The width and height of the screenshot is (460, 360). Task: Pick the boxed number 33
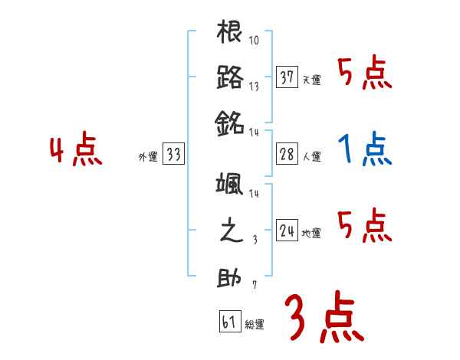[x=173, y=155]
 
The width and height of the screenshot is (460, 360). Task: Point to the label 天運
[x=311, y=80]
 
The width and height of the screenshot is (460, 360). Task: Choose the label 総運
[x=255, y=324]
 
